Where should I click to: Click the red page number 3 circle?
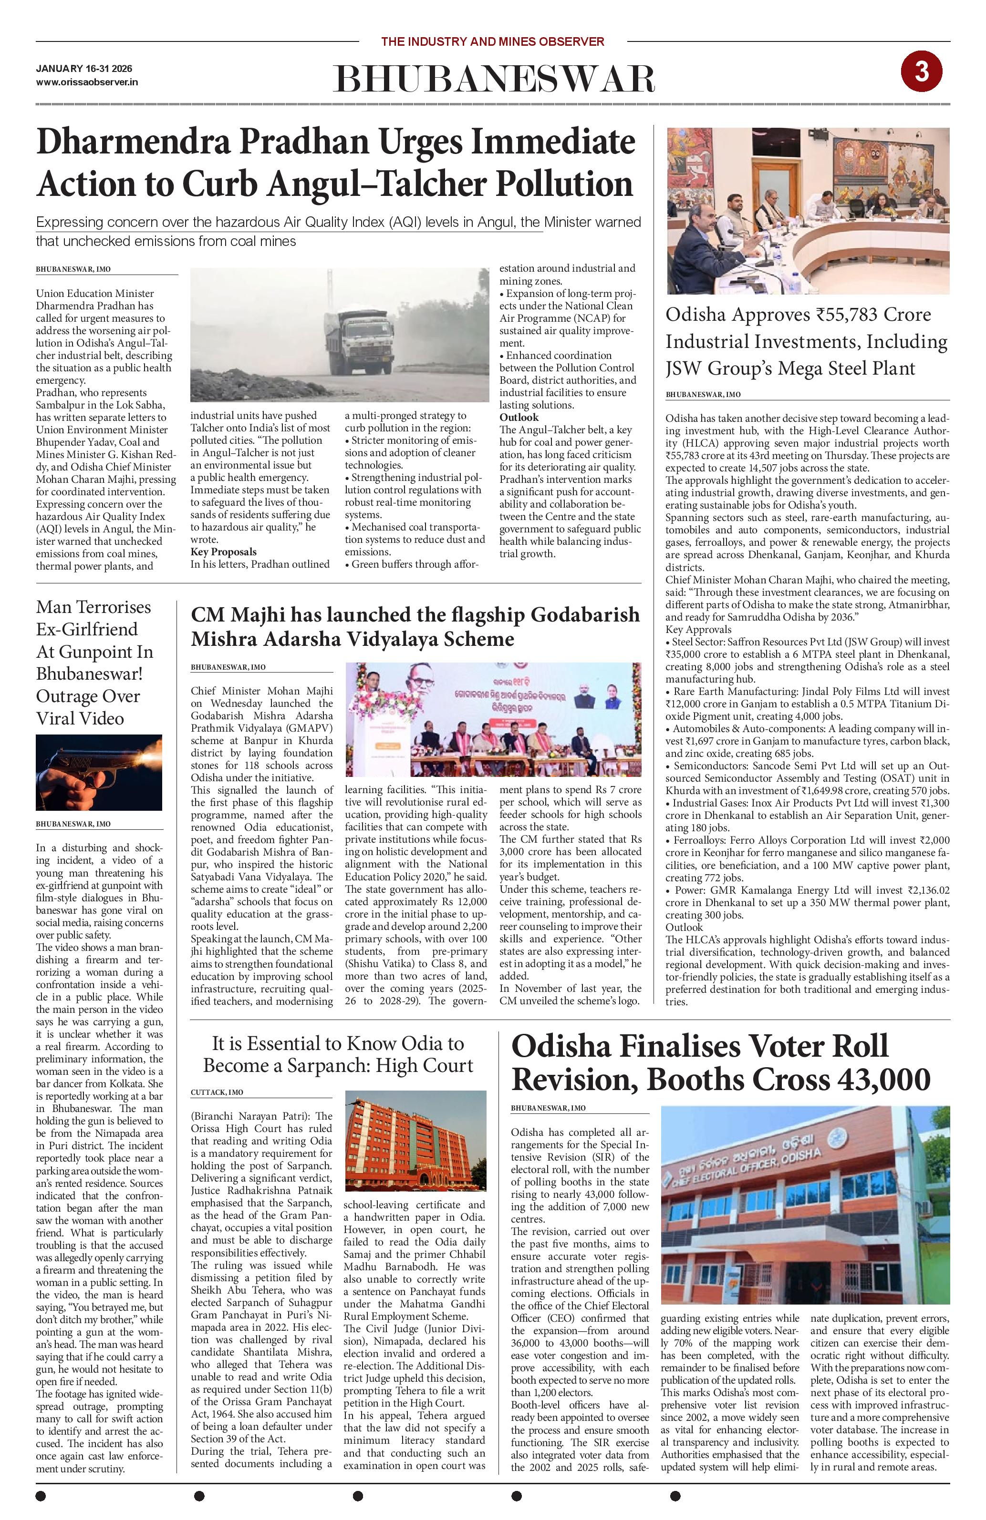pyautogui.click(x=921, y=72)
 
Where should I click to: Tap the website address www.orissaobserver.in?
pyautogui.click(x=87, y=82)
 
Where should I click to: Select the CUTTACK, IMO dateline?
pyautogui.click(x=217, y=1092)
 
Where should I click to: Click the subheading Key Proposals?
pyautogui.click(x=223, y=552)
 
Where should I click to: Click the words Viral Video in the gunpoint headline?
pyautogui.click(x=80, y=718)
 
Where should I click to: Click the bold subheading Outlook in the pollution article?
pyautogui.click(x=519, y=417)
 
